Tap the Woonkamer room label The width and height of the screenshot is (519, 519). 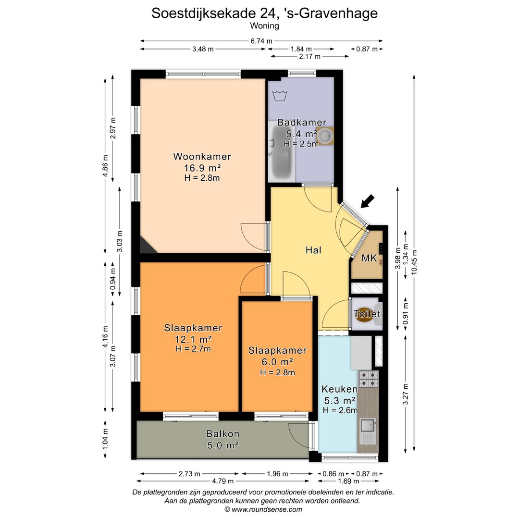click(202, 157)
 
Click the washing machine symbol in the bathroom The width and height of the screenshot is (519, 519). click(280, 95)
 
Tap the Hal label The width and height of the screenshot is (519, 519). click(313, 250)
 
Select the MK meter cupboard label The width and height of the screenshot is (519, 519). click(369, 259)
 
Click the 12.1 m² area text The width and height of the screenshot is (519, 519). click(193, 339)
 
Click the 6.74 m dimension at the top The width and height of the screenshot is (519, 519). click(261, 41)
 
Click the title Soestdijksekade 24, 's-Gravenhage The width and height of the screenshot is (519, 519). click(264, 13)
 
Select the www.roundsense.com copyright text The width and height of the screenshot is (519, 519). click(263, 509)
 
